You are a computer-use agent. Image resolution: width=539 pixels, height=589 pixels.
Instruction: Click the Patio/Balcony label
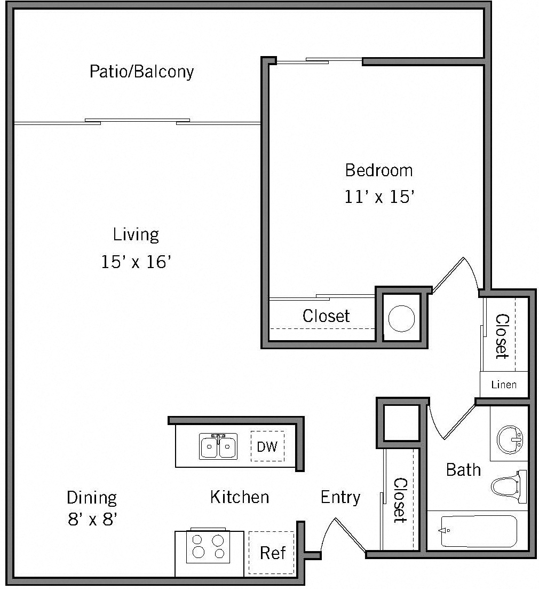141,72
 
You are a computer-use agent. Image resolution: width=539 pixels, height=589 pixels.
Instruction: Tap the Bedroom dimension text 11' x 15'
379,197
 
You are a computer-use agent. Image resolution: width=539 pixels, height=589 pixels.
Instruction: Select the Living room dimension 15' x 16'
136,262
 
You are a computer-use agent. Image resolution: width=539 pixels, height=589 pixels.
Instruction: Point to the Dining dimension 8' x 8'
92,519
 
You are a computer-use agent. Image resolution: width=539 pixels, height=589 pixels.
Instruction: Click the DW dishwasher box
267,446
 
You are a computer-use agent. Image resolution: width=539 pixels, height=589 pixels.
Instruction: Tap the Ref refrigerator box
272,553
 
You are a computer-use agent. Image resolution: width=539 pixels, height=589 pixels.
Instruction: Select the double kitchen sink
218,446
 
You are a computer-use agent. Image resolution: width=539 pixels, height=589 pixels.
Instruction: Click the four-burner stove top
208,546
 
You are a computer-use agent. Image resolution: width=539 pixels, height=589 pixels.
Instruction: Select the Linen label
504,384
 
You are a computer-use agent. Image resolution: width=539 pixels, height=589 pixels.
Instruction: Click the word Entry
340,497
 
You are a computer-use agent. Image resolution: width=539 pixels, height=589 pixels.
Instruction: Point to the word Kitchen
239,497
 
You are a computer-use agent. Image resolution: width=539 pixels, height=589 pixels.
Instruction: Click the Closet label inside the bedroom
326,316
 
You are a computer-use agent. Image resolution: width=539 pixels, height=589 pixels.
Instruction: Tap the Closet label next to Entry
400,500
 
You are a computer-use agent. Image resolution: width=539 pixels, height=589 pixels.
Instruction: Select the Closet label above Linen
503,336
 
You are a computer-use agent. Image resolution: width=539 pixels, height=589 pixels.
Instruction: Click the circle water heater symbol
401,319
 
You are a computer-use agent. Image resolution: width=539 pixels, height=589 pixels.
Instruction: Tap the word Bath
463,470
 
